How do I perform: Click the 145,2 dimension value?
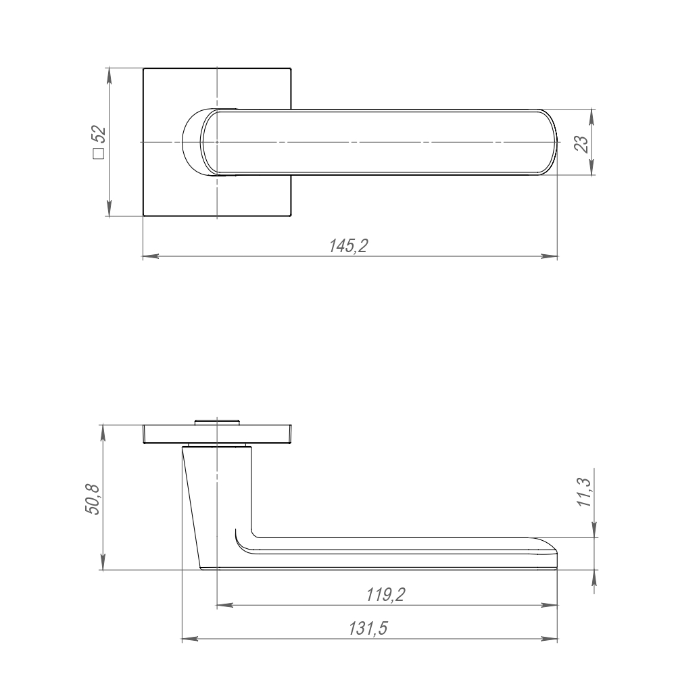[348, 246]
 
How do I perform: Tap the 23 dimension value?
[581, 144]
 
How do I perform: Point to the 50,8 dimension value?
[93, 500]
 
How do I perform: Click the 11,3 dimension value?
[585, 493]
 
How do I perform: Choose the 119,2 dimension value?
[386, 595]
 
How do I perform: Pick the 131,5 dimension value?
[368, 629]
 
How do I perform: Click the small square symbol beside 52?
[99, 154]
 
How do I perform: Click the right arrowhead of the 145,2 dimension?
[550, 256]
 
